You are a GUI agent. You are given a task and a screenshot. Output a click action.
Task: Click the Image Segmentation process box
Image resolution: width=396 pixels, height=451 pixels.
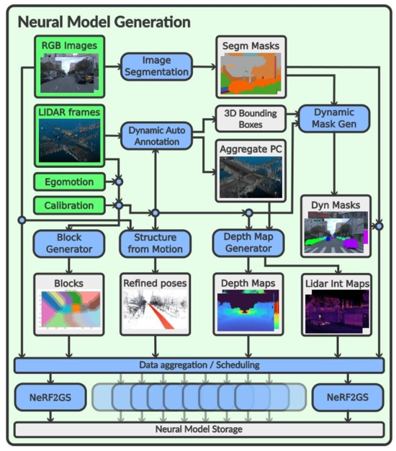pyautogui.click(x=156, y=66)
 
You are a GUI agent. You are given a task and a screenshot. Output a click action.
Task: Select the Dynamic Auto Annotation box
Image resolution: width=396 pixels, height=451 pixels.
pyautogui.click(x=157, y=135)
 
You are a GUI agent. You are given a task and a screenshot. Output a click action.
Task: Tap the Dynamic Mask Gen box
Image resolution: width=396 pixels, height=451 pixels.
pyautogui.click(x=334, y=118)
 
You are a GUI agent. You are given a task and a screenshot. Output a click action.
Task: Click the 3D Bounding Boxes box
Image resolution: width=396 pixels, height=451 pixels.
pyautogui.click(x=251, y=119)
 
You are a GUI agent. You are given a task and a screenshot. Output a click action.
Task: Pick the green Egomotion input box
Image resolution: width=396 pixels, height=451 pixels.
pyautogui.click(x=69, y=182)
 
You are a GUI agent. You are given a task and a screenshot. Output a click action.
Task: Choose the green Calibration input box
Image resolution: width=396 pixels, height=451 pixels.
pyautogui.click(x=69, y=205)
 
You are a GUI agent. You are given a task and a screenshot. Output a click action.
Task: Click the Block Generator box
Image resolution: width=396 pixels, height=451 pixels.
pyautogui.click(x=69, y=244)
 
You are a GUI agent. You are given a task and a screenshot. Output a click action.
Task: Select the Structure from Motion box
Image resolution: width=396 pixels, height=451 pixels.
pyautogui.click(x=156, y=244)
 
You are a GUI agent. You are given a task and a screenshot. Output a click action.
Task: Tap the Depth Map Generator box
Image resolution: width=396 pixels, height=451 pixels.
pyautogui.click(x=248, y=243)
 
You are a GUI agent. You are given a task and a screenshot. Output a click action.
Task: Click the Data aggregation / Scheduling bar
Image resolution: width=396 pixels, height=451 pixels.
pyautogui.click(x=199, y=365)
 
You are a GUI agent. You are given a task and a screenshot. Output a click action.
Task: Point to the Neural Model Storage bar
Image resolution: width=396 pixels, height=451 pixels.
pyautogui.click(x=199, y=429)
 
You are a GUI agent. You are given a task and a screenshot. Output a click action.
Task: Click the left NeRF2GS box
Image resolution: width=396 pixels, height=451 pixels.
pyautogui.click(x=50, y=397)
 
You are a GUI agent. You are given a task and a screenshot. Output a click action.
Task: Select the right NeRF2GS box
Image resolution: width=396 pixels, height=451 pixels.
pyautogui.click(x=348, y=397)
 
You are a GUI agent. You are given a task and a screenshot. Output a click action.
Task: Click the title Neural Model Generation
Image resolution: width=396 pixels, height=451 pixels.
pyautogui.click(x=104, y=22)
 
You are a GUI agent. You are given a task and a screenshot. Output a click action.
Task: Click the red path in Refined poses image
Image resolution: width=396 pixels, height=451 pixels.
pyautogui.click(x=161, y=316)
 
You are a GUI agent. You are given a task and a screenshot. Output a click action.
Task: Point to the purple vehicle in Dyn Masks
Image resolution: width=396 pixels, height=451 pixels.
pyautogui.click(x=351, y=243)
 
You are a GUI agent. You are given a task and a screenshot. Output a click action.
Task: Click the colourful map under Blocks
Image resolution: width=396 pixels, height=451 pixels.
pyautogui.click(x=71, y=309)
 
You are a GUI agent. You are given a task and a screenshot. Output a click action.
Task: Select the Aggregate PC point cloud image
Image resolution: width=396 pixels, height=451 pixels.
pyautogui.click(x=251, y=177)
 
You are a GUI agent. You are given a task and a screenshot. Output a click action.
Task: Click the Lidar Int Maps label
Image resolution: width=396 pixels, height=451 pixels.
pyautogui.click(x=338, y=284)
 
